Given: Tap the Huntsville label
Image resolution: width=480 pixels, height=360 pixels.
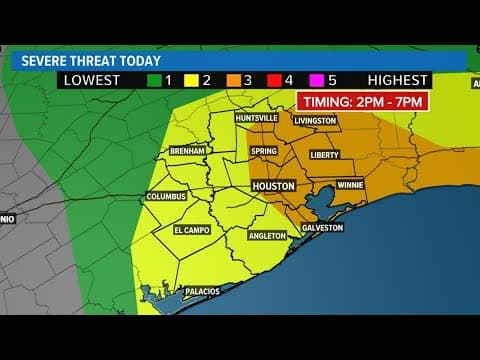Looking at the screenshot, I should tap(254, 118).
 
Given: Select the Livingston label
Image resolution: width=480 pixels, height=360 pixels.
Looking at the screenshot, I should tap(316, 122).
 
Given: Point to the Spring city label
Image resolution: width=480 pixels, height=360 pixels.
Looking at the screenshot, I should tap(263, 151).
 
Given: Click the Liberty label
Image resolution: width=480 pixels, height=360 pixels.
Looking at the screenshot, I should tap(326, 155).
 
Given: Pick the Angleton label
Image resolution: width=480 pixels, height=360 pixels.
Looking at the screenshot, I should tap(268, 236).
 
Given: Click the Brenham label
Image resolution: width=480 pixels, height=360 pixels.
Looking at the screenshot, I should tap(188, 151).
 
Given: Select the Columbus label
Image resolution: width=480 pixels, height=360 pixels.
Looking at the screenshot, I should tap(166, 196).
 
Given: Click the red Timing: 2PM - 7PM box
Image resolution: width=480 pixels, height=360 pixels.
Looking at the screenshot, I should tap(352, 101).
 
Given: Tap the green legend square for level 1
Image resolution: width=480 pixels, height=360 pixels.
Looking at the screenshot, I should tap(154, 80).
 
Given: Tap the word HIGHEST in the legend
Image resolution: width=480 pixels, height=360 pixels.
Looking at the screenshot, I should tap(397, 80).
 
